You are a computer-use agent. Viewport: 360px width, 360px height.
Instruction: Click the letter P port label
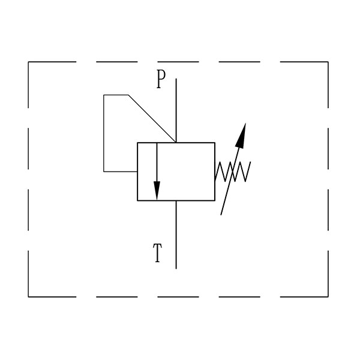161,79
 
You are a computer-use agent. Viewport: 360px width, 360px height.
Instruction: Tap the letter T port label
157,253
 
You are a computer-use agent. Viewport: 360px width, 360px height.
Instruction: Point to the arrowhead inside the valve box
157,191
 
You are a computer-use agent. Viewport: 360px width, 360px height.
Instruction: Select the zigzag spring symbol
233,172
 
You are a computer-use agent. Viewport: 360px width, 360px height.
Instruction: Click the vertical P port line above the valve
176,110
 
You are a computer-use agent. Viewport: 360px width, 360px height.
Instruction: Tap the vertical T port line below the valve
176,235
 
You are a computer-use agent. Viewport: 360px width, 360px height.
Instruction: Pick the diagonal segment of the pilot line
152,118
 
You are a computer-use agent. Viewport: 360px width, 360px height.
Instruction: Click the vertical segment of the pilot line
104,133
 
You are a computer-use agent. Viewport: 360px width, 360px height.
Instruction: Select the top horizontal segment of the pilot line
116,95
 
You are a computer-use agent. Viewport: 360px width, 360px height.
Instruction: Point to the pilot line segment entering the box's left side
121,171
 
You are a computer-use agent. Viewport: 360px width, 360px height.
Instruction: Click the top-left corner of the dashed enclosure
28,62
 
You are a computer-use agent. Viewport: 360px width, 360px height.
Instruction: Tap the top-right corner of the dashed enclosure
328,62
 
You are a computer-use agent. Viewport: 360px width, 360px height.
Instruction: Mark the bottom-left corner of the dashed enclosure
28,297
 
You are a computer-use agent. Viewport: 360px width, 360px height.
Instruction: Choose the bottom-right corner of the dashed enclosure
328,297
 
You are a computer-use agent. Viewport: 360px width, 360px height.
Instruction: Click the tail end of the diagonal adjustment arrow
221,215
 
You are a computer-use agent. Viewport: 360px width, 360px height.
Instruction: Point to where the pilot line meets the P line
176,142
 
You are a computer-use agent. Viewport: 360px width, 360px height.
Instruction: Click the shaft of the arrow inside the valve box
157,162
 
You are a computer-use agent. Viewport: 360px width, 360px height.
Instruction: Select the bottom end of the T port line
176,268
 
